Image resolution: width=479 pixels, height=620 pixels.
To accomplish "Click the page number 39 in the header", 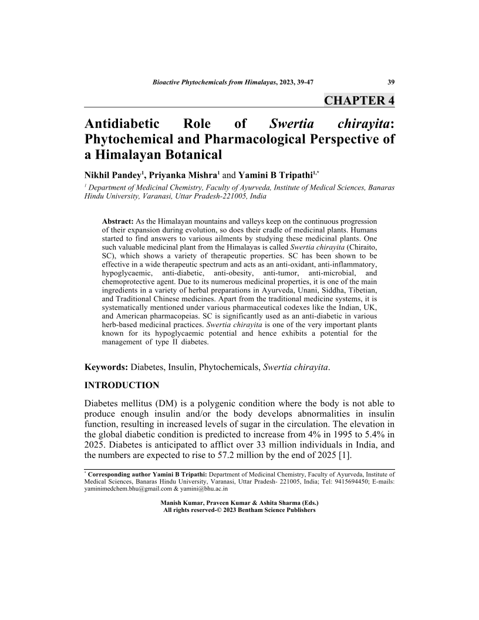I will click(390, 82).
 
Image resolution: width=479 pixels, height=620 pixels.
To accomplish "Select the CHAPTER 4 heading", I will click(359, 100).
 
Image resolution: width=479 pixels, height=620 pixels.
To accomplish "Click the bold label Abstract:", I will click(118, 221).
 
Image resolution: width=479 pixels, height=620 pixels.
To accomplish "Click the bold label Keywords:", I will click(106, 368).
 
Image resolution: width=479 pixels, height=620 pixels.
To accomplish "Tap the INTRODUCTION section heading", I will click(122, 386).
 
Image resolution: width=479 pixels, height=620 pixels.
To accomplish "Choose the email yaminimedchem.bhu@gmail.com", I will click(123, 488).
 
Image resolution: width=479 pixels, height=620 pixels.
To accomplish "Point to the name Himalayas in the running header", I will click(251, 82).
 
